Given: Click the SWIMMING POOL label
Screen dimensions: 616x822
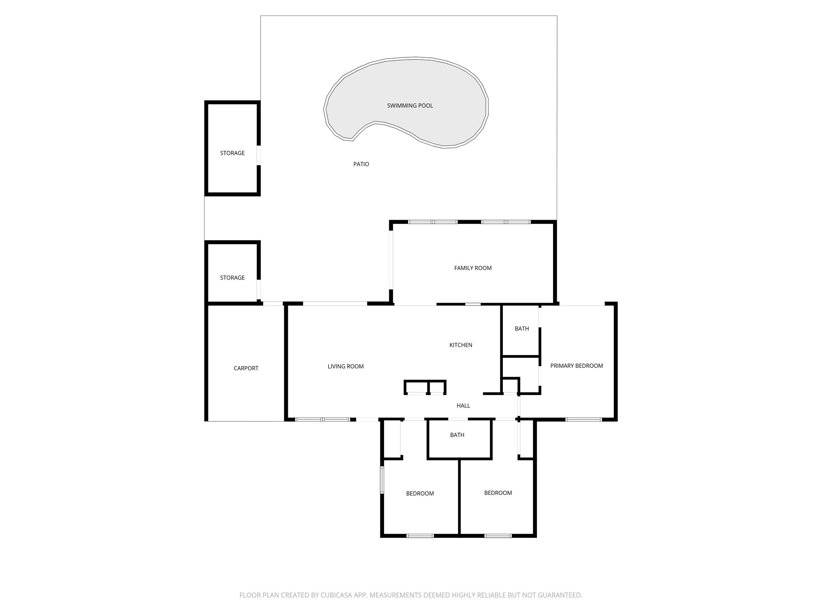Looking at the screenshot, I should tap(410, 106).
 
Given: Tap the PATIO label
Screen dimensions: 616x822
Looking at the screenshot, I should tap(361, 164).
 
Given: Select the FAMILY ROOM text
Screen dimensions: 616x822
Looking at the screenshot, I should tap(472, 268).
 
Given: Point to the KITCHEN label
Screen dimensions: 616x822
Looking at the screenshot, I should tap(460, 345).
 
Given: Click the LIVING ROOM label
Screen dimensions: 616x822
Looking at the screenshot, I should tap(346, 366).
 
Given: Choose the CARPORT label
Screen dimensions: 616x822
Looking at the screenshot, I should tap(246, 368).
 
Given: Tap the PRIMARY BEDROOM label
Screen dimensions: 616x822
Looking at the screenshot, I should tap(576, 366).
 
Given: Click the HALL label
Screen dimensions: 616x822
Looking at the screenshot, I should tap(463, 405).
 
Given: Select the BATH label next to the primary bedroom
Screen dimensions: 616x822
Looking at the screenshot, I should tap(521, 328).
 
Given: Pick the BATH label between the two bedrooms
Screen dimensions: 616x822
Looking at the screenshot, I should tap(457, 435).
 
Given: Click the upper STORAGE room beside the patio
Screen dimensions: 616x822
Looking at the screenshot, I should tap(232, 153).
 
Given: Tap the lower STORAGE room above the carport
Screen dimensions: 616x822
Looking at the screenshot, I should tap(232, 278).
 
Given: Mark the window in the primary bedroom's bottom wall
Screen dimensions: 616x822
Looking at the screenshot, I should tap(584, 419).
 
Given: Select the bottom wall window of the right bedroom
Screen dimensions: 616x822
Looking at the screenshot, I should tap(498, 535).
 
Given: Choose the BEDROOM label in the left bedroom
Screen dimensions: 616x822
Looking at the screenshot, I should tap(420, 493).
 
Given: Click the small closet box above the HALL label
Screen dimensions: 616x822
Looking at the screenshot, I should tap(510, 386).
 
